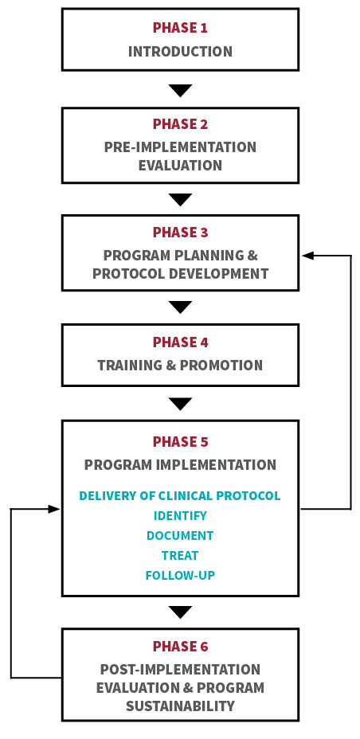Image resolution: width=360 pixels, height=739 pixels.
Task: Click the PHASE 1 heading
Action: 180,28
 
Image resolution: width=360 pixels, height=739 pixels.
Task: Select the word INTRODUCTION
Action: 180,52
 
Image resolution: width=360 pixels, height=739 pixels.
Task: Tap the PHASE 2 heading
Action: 180,124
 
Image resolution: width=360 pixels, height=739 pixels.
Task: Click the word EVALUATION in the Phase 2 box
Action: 180,166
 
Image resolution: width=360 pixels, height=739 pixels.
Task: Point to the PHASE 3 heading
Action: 180,233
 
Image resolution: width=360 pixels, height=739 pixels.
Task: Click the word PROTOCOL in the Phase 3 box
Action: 124,273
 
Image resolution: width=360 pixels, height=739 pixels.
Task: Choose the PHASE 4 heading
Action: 180,342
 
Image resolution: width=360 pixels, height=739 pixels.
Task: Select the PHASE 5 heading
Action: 180,442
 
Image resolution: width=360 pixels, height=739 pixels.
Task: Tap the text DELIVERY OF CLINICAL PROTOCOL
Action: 180,496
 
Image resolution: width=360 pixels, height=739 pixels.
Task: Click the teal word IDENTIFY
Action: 180,515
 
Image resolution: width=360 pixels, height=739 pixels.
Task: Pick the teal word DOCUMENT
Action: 180,535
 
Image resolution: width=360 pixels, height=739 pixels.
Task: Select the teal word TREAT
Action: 180,555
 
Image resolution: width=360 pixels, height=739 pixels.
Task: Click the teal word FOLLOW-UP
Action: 180,575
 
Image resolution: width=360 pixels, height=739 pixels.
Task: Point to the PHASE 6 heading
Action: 180,646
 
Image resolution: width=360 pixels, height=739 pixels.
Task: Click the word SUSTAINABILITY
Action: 180,706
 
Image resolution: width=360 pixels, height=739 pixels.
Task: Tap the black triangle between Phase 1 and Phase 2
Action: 180,90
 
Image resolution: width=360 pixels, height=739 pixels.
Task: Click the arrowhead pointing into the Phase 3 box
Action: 308,256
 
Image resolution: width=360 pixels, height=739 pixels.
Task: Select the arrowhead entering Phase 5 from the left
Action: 53,509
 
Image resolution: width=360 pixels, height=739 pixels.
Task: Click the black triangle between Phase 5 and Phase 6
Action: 180,612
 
